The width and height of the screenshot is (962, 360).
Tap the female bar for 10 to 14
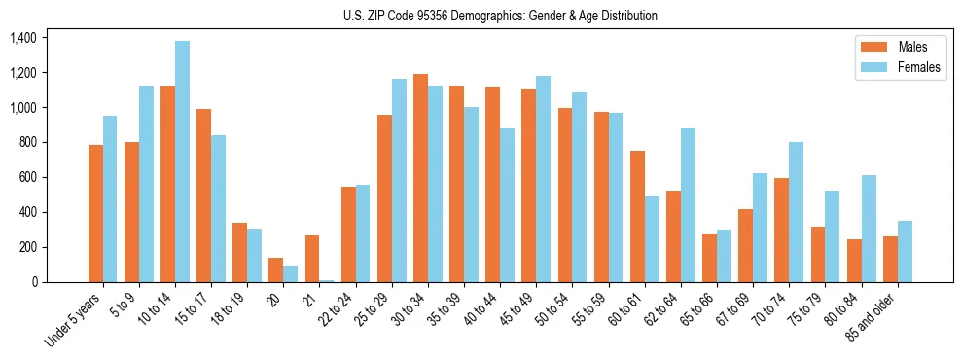[x=182, y=162]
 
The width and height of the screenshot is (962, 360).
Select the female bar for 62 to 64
[x=688, y=205]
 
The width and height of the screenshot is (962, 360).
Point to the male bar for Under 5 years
[x=95, y=214]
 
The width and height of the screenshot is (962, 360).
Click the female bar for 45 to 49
[x=543, y=179]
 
